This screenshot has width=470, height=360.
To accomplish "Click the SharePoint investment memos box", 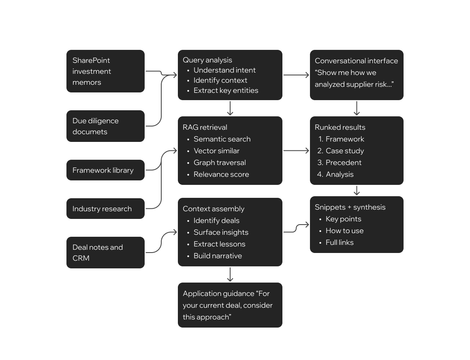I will [105, 71].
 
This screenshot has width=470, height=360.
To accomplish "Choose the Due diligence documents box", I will [105, 126].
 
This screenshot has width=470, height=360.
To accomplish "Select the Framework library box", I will [105, 170].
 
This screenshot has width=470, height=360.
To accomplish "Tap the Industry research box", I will [105, 209].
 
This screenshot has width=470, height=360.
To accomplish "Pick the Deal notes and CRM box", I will [105, 253].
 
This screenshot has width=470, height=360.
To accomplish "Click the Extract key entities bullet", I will [226, 90].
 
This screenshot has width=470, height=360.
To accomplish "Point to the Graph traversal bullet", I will [220, 163].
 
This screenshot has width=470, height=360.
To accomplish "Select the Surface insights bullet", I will [221, 232].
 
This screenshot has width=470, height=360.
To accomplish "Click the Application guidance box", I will [230, 305].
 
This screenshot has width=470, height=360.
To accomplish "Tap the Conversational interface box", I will [357, 75].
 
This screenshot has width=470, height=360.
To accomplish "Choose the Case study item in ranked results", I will [345, 151].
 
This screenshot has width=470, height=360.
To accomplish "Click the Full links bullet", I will [340, 242].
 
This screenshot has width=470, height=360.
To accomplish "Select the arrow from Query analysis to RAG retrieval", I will [230, 108].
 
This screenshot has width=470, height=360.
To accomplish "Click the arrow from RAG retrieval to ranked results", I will [296, 151].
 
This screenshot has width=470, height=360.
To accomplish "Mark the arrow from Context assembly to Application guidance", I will [230, 274].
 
